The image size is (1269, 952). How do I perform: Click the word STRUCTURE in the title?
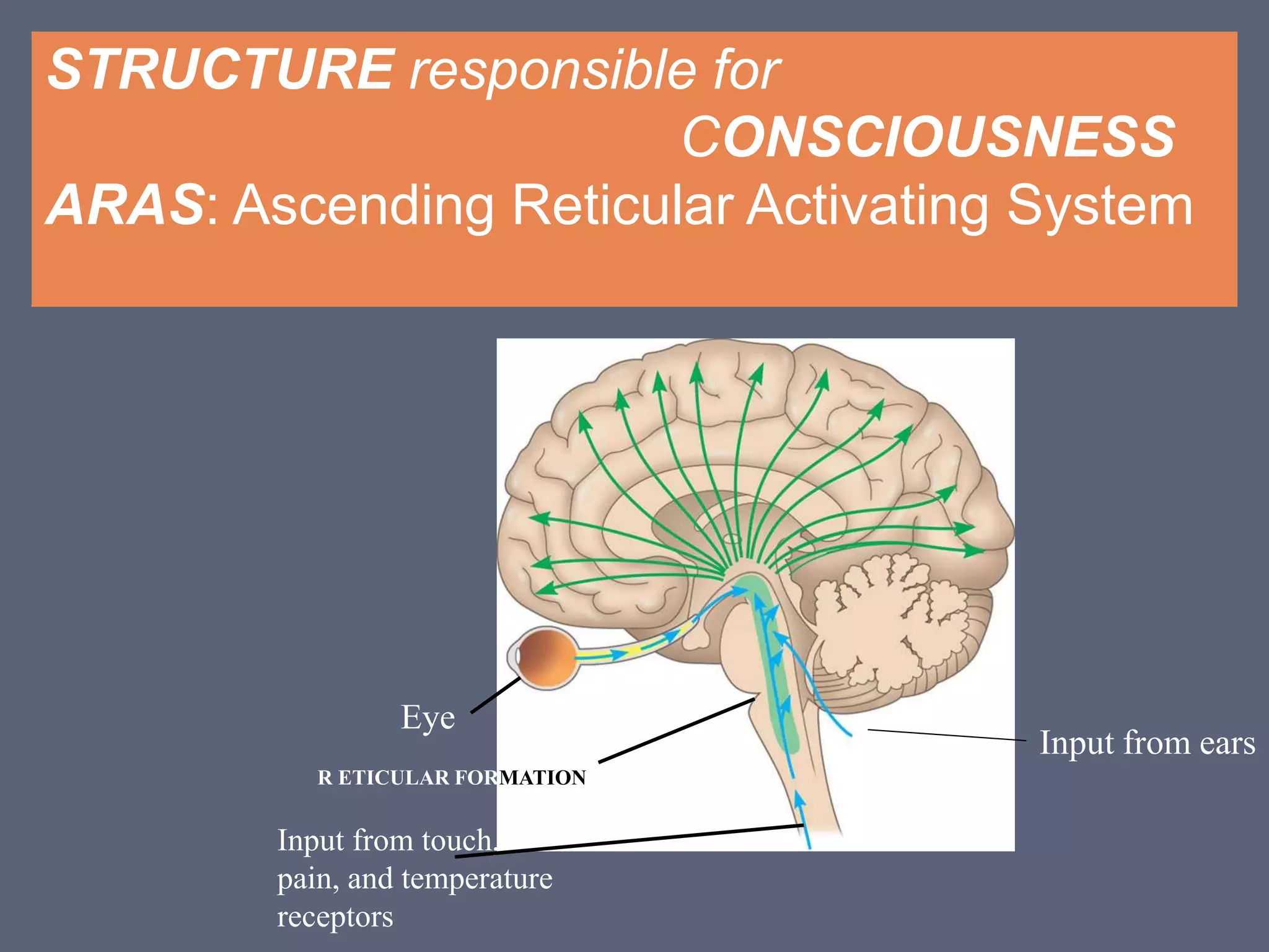pos(221,69)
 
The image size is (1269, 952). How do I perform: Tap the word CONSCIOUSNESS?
pos(928,137)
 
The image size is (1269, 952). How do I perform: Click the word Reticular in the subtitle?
pos(622,205)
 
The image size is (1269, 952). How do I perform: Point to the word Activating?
pos(867,206)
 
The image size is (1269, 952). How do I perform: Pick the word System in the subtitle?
pos(1099,206)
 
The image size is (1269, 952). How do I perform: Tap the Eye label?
pos(428,718)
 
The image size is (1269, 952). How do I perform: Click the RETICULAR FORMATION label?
pos(451,777)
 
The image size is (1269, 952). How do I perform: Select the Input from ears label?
pos(1147,743)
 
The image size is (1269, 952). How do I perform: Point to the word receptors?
pos(335,917)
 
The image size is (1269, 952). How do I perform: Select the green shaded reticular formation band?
pos(780,682)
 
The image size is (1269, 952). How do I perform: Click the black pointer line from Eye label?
pos(496,695)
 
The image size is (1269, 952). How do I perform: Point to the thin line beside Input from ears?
pos(946,735)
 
